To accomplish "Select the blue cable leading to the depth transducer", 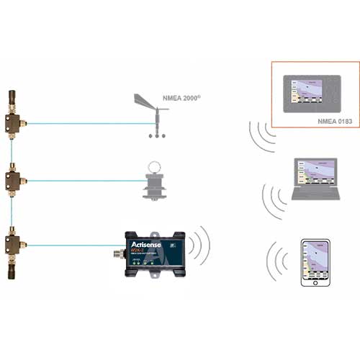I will [79, 179].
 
